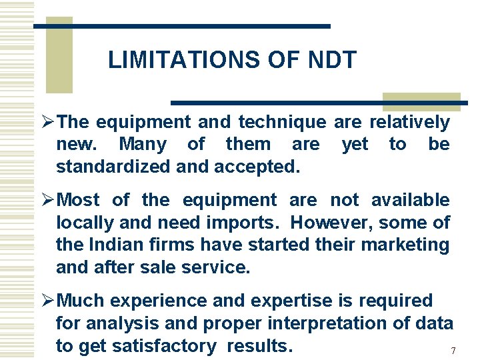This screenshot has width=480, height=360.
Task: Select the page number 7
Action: point(453,351)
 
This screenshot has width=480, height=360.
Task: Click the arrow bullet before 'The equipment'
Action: point(47,122)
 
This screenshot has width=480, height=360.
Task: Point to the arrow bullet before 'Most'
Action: point(47,200)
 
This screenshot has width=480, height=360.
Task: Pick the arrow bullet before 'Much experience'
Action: point(47,301)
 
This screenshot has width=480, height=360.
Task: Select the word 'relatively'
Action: point(409,123)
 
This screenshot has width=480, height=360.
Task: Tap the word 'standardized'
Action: point(113,167)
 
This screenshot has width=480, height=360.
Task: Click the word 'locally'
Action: point(80,223)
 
